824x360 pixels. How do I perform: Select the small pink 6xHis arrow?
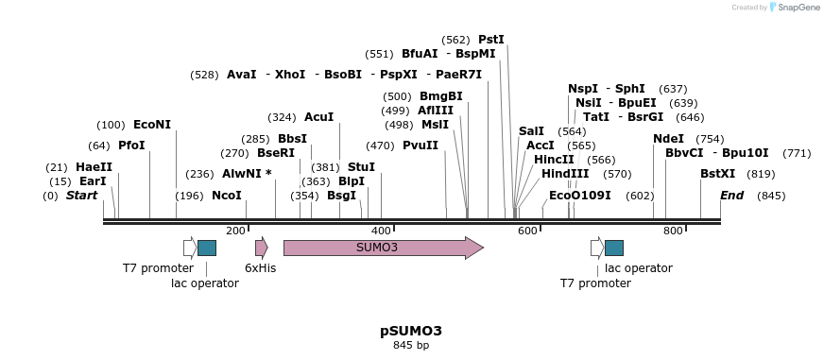point(261,248)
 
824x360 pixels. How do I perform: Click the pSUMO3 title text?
point(411,331)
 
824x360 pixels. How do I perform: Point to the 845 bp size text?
point(411,346)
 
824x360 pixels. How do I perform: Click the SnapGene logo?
point(795,8)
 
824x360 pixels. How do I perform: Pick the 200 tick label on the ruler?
point(235,231)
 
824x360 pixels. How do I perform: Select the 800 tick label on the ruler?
point(673,231)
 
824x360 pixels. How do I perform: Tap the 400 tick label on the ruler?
point(381,231)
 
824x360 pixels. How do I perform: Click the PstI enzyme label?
point(491,40)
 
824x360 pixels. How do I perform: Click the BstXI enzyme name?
point(717,174)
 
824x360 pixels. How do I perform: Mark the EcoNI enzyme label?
point(152,125)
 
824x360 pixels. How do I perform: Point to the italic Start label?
point(81,196)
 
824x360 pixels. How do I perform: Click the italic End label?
point(731,196)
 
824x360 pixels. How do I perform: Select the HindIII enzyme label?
point(565,174)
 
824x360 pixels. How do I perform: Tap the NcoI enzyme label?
point(227,196)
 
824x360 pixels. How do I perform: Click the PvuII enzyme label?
point(421,146)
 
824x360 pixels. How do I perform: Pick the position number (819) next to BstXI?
point(761,174)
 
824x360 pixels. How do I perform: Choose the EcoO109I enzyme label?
point(580,196)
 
